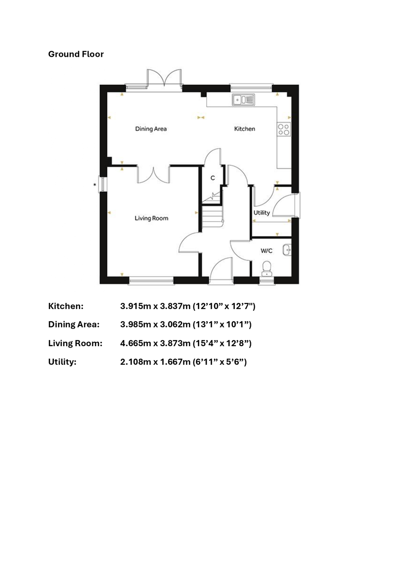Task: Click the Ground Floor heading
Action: click(x=76, y=54)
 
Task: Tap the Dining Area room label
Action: click(x=151, y=129)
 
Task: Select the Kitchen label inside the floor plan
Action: click(x=245, y=129)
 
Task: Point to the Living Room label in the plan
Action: click(x=151, y=218)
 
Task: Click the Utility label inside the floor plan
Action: click(x=262, y=213)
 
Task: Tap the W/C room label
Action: click(x=266, y=251)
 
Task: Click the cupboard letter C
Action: click(x=213, y=178)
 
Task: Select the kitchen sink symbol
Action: click(x=243, y=100)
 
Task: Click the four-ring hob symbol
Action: click(x=284, y=129)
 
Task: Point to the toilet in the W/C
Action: click(x=267, y=269)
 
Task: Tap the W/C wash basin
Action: click(x=287, y=250)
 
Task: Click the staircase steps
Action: click(x=212, y=216)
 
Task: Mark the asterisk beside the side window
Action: click(x=95, y=185)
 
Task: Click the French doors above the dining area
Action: click(x=164, y=78)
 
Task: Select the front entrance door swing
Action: click(x=221, y=268)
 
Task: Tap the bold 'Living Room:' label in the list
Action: click(x=75, y=343)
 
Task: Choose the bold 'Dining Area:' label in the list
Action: click(x=74, y=325)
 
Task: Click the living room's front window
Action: click(x=151, y=281)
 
